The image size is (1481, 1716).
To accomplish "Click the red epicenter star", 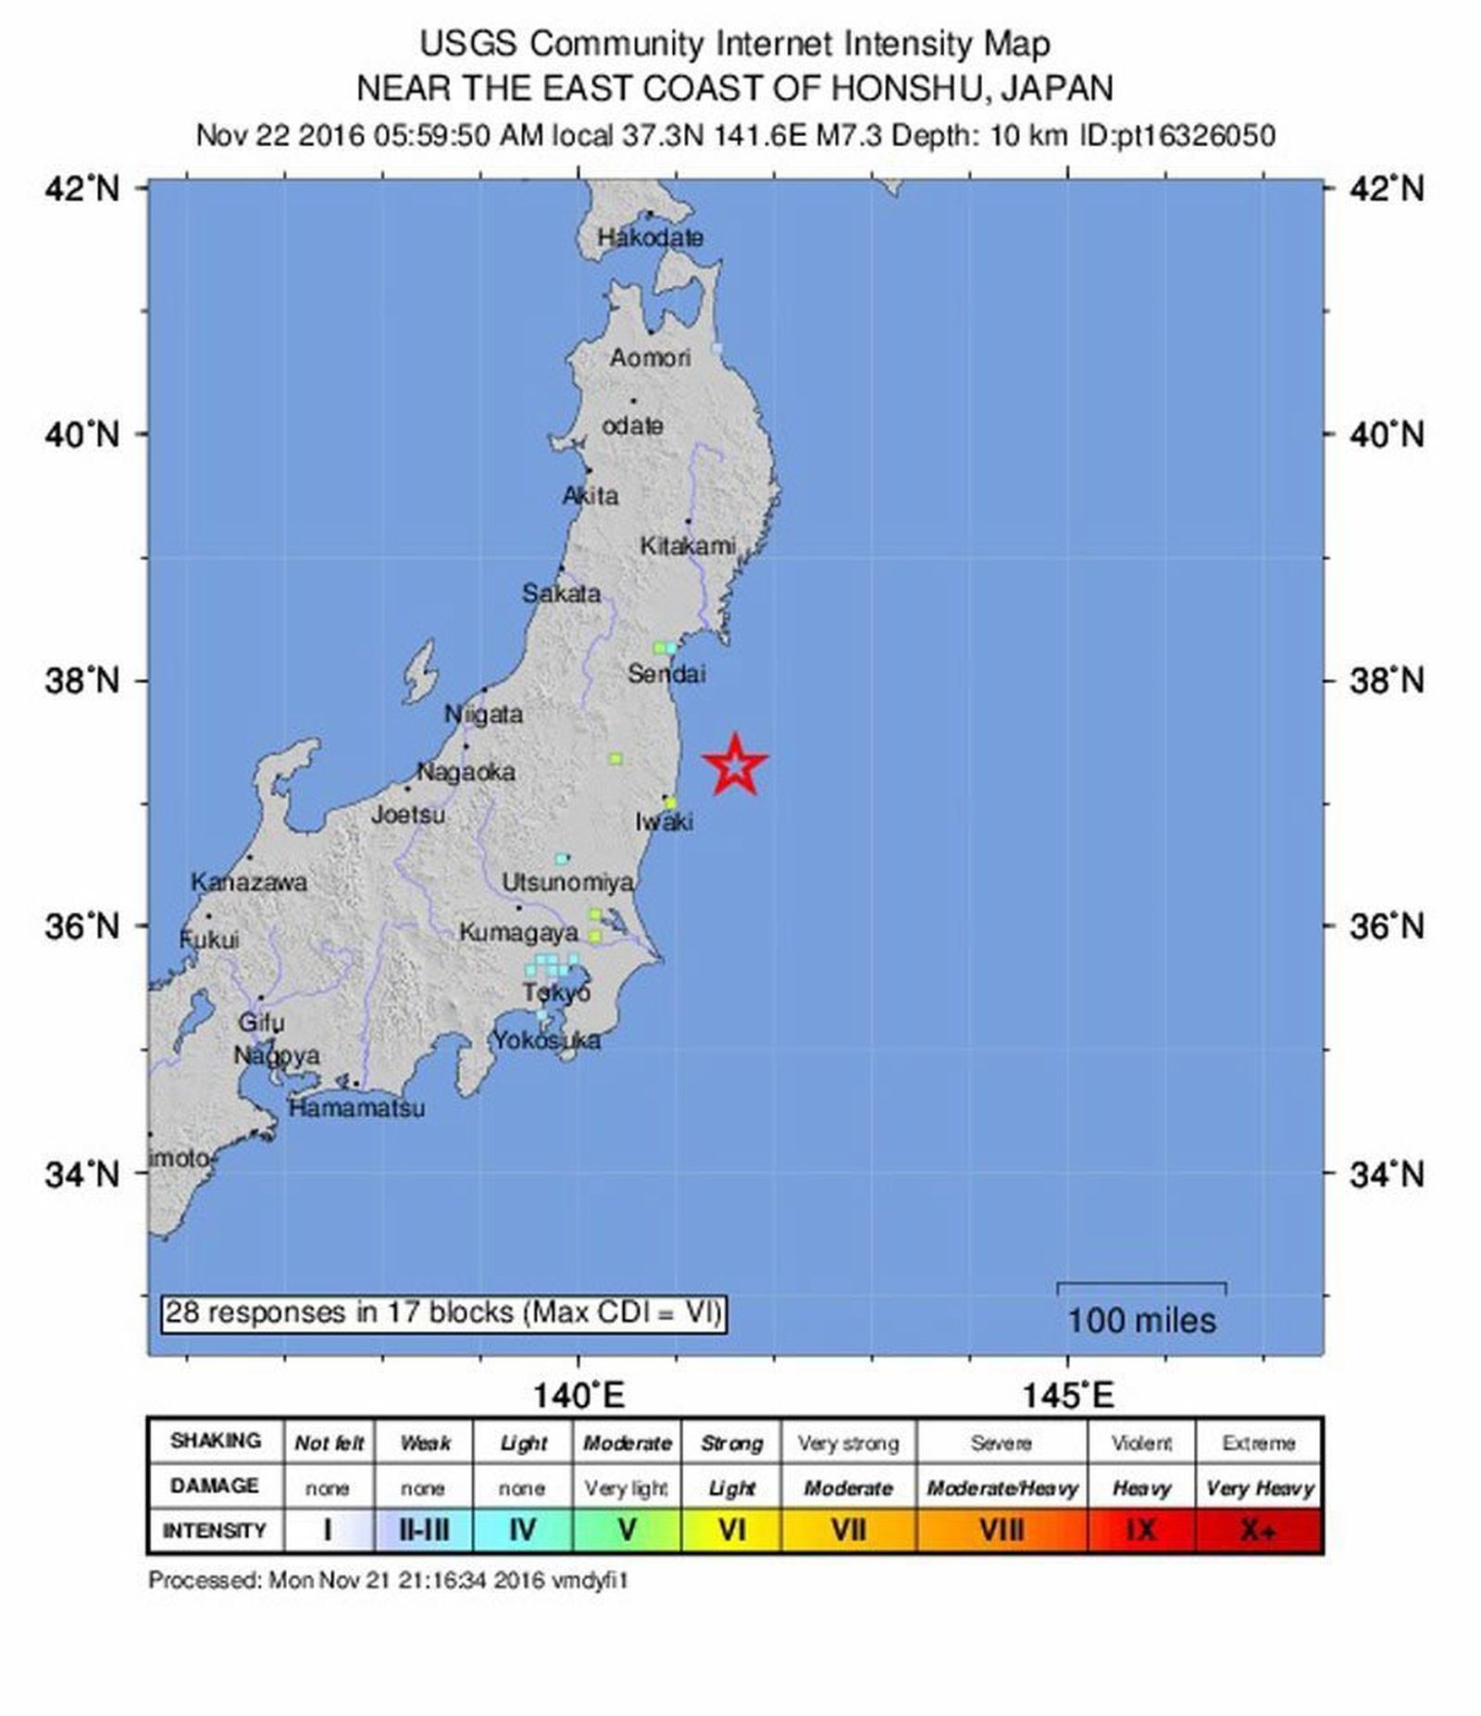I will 734,765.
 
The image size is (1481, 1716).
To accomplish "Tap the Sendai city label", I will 666,674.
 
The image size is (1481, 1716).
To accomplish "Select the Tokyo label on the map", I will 556,993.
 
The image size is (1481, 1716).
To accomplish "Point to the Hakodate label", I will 650,238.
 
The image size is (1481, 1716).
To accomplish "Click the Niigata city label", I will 483,714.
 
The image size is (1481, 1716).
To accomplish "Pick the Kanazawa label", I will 248,882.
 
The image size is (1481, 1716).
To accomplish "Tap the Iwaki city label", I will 664,822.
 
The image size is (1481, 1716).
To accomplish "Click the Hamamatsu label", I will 356,1108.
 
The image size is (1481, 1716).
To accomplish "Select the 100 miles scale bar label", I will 1141,1320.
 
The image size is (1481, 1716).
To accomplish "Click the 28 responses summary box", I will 442,1312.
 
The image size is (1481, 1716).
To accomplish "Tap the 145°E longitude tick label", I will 1068,1394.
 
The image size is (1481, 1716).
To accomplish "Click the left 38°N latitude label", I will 83,681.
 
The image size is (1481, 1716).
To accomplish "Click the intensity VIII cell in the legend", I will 1001,1530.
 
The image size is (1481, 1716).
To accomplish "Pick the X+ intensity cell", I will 1258,1530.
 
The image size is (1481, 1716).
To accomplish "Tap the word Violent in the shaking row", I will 1140,1443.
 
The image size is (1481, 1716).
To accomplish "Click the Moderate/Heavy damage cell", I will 1002,1487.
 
